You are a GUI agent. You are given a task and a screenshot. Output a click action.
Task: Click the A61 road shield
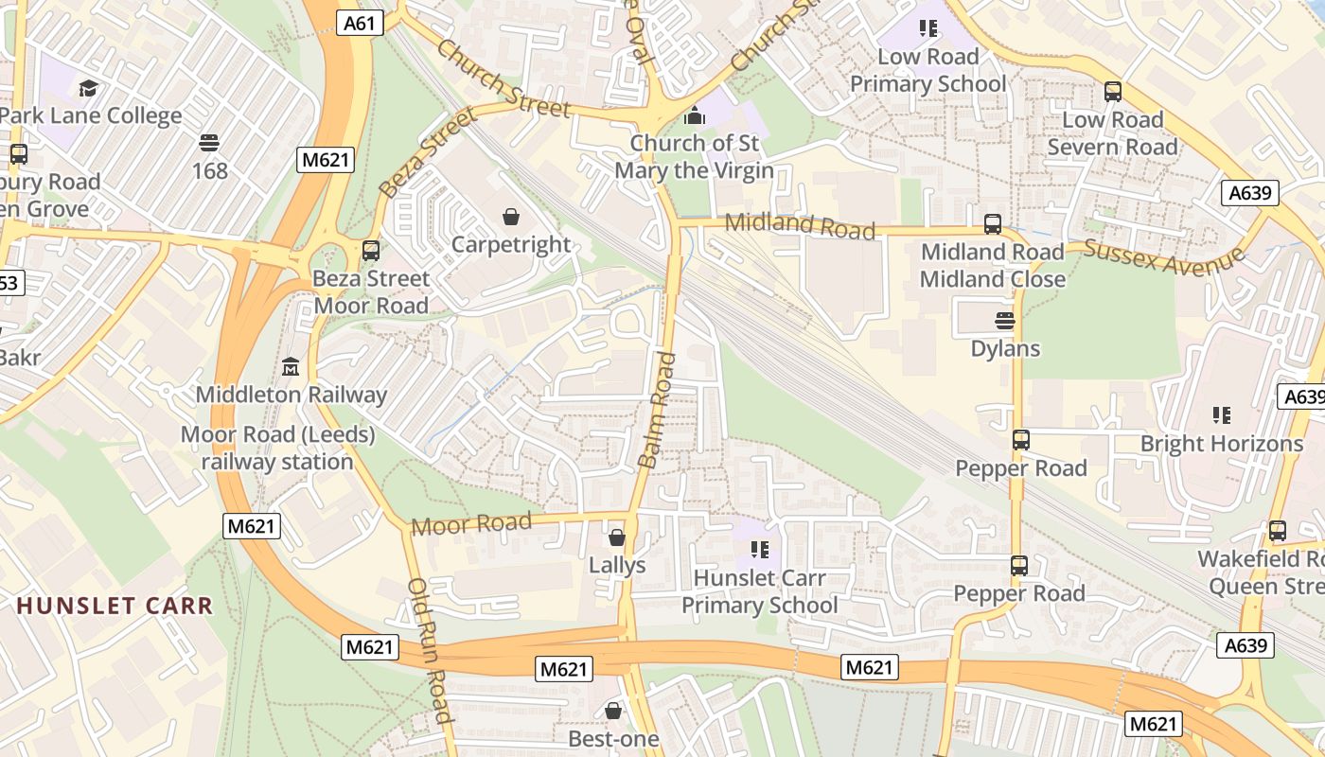point(360,23)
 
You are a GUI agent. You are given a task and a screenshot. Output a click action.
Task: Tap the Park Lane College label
point(91,115)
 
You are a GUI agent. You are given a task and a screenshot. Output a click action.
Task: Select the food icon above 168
point(209,143)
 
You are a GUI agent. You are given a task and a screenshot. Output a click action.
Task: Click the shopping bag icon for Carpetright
point(511,218)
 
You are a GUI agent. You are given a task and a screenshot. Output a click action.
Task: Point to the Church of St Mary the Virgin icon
point(696,115)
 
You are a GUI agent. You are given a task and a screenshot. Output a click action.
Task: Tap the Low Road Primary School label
point(927,70)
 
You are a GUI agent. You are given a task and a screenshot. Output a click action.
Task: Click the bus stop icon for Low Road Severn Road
point(1113,92)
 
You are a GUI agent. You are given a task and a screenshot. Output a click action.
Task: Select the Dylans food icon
point(1005,321)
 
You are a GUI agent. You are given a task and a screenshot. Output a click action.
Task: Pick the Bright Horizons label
point(1221,443)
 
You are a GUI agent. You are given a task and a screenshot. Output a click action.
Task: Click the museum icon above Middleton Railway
point(291,366)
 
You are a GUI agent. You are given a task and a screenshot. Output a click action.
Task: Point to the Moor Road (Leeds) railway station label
point(276,449)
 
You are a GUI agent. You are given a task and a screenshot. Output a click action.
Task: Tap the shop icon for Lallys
point(617,537)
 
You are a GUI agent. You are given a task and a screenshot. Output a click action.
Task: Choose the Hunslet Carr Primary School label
point(759,591)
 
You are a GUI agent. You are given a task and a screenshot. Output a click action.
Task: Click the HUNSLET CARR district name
point(115,606)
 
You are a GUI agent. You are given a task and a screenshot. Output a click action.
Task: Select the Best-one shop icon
point(613,710)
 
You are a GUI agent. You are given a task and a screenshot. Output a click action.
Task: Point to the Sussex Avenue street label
point(1163,256)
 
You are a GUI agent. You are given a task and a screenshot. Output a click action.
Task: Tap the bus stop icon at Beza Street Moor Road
point(371,251)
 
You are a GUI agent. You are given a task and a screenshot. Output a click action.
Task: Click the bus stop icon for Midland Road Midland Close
point(993,224)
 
